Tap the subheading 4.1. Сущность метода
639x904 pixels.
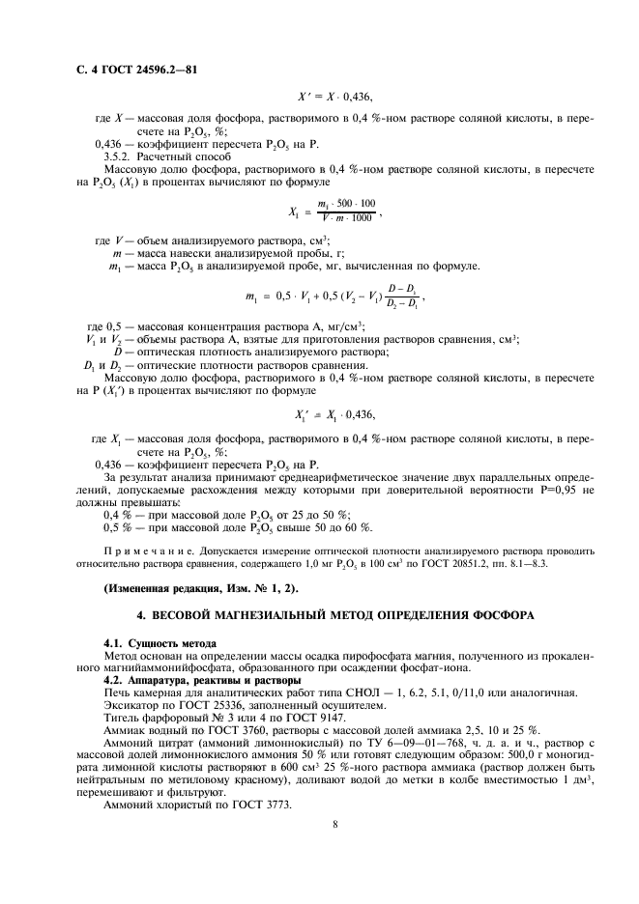coord(160,642)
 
